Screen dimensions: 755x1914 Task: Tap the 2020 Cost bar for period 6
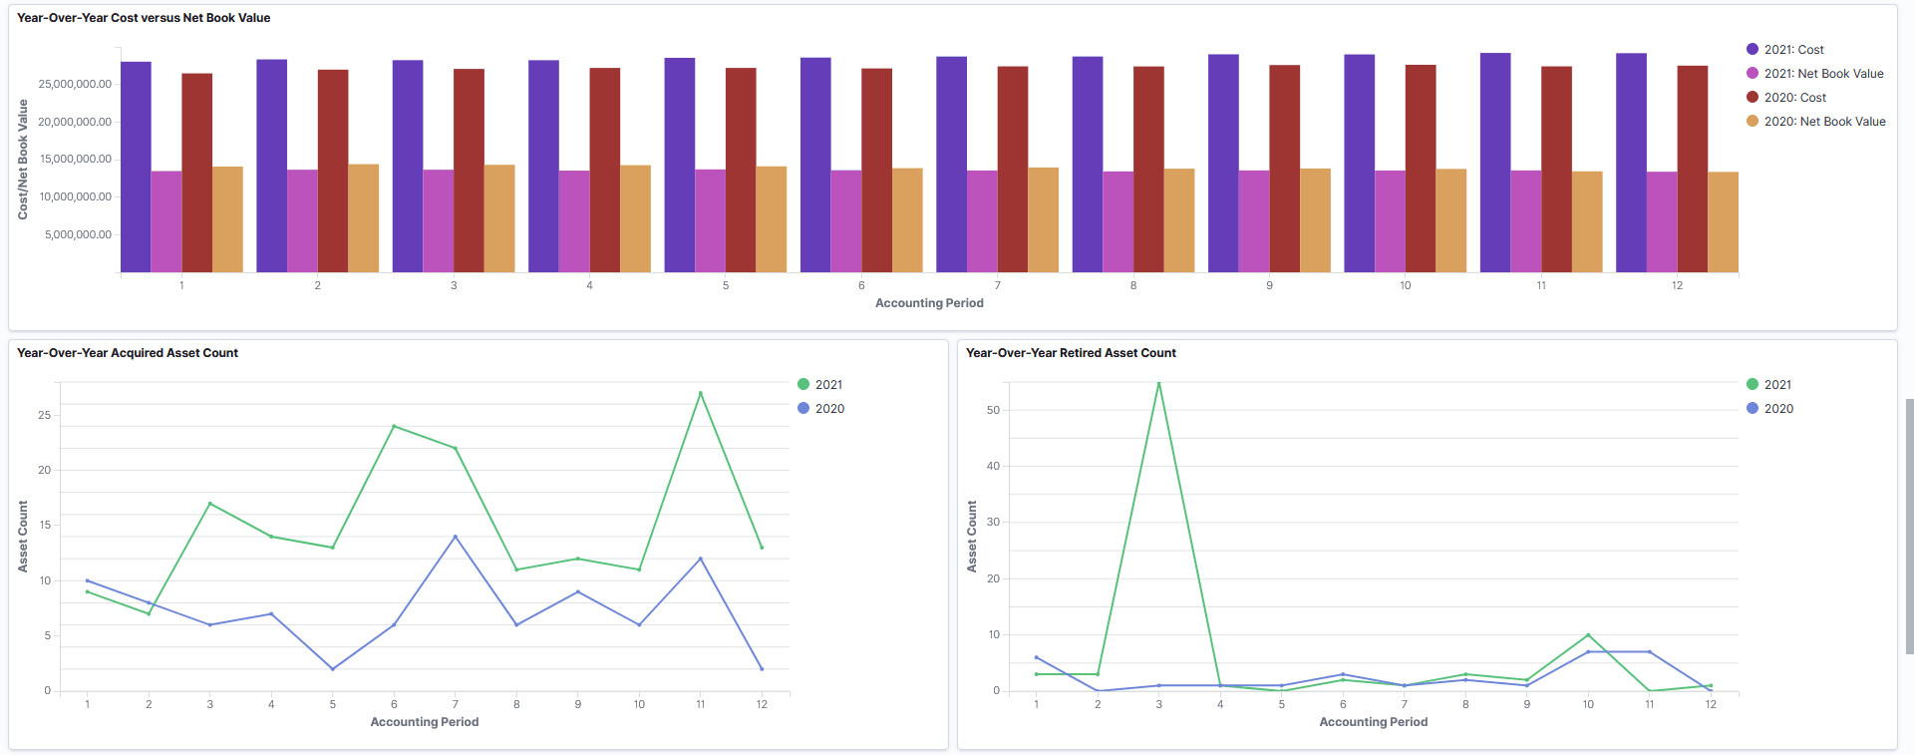click(x=876, y=170)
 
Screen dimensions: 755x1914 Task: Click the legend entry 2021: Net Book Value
click(x=1822, y=74)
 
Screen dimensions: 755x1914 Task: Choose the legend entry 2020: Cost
click(x=1794, y=98)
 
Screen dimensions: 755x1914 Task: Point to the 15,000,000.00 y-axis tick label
click(x=76, y=160)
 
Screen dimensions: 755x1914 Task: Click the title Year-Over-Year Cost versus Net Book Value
click(x=144, y=18)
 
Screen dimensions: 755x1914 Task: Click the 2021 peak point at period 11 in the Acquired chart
click(x=701, y=393)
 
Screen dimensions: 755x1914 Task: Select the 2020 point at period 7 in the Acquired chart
click(x=456, y=537)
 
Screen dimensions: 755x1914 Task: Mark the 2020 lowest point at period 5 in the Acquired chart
click(x=333, y=668)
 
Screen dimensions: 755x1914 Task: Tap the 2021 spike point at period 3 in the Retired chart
click(x=1158, y=383)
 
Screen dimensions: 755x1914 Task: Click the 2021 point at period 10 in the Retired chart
click(x=1588, y=635)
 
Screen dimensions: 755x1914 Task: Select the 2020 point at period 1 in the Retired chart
click(x=1037, y=657)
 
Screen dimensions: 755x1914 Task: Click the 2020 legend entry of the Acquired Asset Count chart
click(x=828, y=409)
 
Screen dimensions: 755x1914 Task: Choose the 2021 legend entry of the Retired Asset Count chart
click(x=1776, y=385)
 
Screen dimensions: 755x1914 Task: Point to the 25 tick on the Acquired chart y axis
click(x=44, y=415)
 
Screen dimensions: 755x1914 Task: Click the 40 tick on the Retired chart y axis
click(x=993, y=466)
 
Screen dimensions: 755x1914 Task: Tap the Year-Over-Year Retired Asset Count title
click(x=1071, y=353)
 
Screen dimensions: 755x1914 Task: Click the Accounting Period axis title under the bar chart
click(x=929, y=303)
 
